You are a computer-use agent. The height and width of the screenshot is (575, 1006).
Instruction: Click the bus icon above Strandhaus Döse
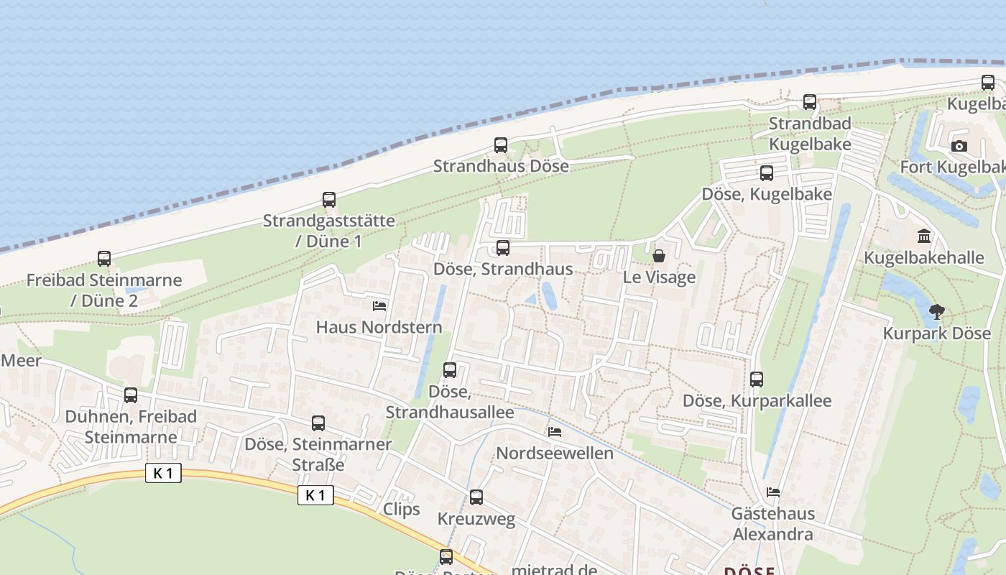pyautogui.click(x=501, y=145)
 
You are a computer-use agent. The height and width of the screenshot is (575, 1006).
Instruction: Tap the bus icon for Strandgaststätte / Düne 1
pyautogui.click(x=329, y=200)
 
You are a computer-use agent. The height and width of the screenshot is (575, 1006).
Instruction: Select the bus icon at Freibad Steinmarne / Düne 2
pyautogui.click(x=104, y=259)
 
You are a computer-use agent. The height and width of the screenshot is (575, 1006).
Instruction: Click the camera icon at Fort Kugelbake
pyautogui.click(x=959, y=147)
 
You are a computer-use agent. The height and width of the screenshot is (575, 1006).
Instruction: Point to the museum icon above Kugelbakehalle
pyautogui.click(x=924, y=236)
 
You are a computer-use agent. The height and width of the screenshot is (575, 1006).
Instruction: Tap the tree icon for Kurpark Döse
pyautogui.click(x=936, y=312)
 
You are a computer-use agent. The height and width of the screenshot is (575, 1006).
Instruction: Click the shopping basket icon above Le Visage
pyautogui.click(x=658, y=256)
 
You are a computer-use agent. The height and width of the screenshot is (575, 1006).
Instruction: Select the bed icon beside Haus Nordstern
pyautogui.click(x=379, y=306)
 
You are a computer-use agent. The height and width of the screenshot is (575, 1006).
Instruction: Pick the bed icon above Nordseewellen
pyautogui.click(x=555, y=432)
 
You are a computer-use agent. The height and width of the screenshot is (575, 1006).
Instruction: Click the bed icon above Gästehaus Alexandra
pyautogui.click(x=773, y=492)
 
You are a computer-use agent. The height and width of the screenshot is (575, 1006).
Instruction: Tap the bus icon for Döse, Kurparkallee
pyautogui.click(x=756, y=379)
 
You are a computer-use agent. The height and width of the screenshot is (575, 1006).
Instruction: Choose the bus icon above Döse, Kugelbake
pyautogui.click(x=767, y=173)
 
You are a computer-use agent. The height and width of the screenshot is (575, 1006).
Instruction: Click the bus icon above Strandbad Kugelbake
pyautogui.click(x=810, y=102)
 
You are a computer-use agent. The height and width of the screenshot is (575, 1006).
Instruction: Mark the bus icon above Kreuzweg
pyautogui.click(x=476, y=497)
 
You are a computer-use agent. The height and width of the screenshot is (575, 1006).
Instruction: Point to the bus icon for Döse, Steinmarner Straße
pyautogui.click(x=318, y=423)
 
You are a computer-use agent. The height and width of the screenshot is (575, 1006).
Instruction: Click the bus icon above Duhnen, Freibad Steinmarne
pyautogui.click(x=130, y=395)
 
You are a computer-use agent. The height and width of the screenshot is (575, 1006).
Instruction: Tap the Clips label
pyautogui.click(x=401, y=510)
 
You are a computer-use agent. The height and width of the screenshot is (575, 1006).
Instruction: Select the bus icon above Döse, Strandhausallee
pyautogui.click(x=450, y=371)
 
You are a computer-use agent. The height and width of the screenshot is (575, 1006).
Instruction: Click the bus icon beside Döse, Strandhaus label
pyautogui.click(x=503, y=248)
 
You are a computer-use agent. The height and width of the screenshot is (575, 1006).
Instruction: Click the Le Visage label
pyautogui.click(x=659, y=277)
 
